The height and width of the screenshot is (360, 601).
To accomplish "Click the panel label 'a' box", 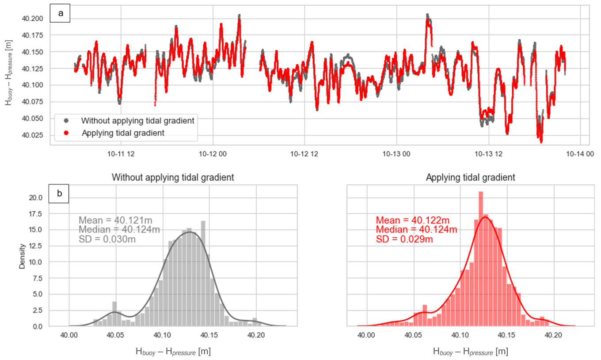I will (x=60, y=14).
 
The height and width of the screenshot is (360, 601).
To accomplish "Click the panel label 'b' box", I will (x=59, y=193).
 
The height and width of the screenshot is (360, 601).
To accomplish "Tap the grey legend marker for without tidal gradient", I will (x=66, y=120).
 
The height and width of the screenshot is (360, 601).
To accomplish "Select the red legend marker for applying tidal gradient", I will (x=66, y=133).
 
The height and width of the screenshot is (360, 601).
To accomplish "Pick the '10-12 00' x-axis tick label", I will (x=213, y=154).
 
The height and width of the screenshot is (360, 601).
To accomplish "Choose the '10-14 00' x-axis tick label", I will (x=580, y=154).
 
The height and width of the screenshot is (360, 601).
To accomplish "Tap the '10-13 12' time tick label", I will (x=488, y=154).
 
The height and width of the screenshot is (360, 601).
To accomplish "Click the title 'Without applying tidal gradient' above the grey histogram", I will (x=173, y=178).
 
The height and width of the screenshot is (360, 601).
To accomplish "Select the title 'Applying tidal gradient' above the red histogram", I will (x=470, y=178).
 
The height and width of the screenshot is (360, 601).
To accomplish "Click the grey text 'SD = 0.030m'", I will (x=107, y=239).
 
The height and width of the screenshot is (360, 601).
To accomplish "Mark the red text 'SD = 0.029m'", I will (x=404, y=239).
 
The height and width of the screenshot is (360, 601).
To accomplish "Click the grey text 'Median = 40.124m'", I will (x=119, y=230).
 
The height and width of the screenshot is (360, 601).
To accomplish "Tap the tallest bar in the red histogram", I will (x=481, y=259).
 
